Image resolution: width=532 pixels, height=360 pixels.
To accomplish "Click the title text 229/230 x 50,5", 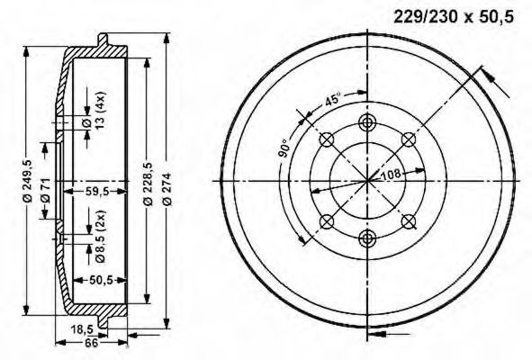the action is tap(454, 16).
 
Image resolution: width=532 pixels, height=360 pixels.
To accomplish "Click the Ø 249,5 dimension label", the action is tap(28, 181).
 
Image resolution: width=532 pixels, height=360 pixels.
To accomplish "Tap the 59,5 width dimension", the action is tap(96, 192).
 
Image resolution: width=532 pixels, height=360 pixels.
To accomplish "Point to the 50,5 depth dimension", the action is tap(102, 281).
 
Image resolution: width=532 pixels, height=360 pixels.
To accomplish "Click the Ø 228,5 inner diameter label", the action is tap(149, 184).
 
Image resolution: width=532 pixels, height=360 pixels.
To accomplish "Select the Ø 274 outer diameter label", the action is tap(167, 189).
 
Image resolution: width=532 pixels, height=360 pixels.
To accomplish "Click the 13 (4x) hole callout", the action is tap(101, 111).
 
